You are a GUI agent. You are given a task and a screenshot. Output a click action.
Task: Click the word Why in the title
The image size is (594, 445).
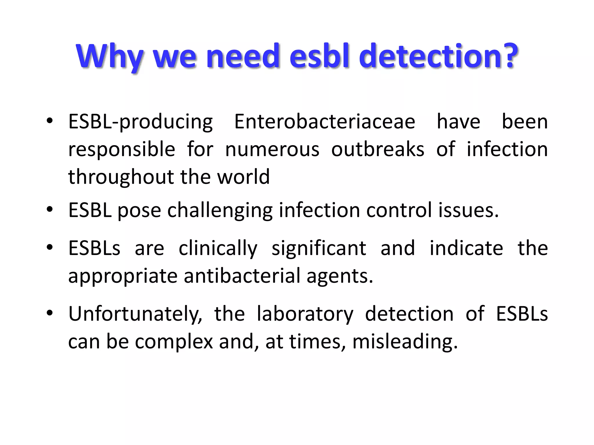click(110, 56)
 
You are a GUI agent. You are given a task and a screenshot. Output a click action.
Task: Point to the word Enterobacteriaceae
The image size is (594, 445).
click(325, 122)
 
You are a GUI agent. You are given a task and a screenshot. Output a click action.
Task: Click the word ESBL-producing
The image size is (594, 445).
click(140, 122)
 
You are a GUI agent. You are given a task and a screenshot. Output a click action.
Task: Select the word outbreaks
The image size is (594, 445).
click(378, 149)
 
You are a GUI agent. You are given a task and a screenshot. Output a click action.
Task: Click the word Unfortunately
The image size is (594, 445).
click(135, 315)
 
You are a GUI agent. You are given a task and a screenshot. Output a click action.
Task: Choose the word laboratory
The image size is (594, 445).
click(305, 315)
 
